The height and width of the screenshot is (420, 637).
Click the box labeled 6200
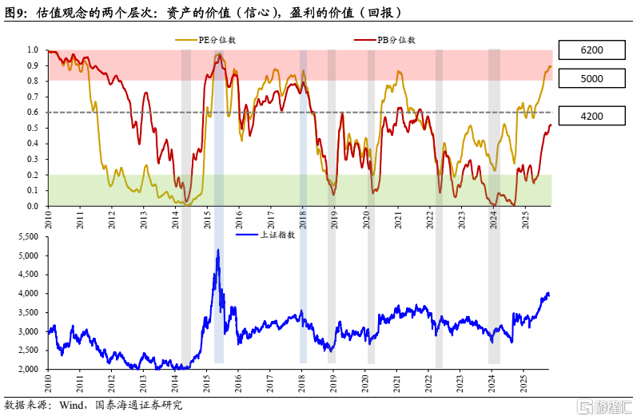pyautogui.click(x=592, y=50)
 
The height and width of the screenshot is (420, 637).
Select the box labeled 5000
pyautogui.click(x=592, y=78)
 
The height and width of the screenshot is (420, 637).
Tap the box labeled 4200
pyautogui.click(x=592, y=116)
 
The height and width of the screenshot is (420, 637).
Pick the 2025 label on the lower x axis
pyautogui.click(x=524, y=383)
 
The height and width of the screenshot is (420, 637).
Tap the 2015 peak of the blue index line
pyautogui.click(x=217, y=250)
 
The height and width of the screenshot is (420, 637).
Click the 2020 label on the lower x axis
pyautogui.click(x=365, y=383)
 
